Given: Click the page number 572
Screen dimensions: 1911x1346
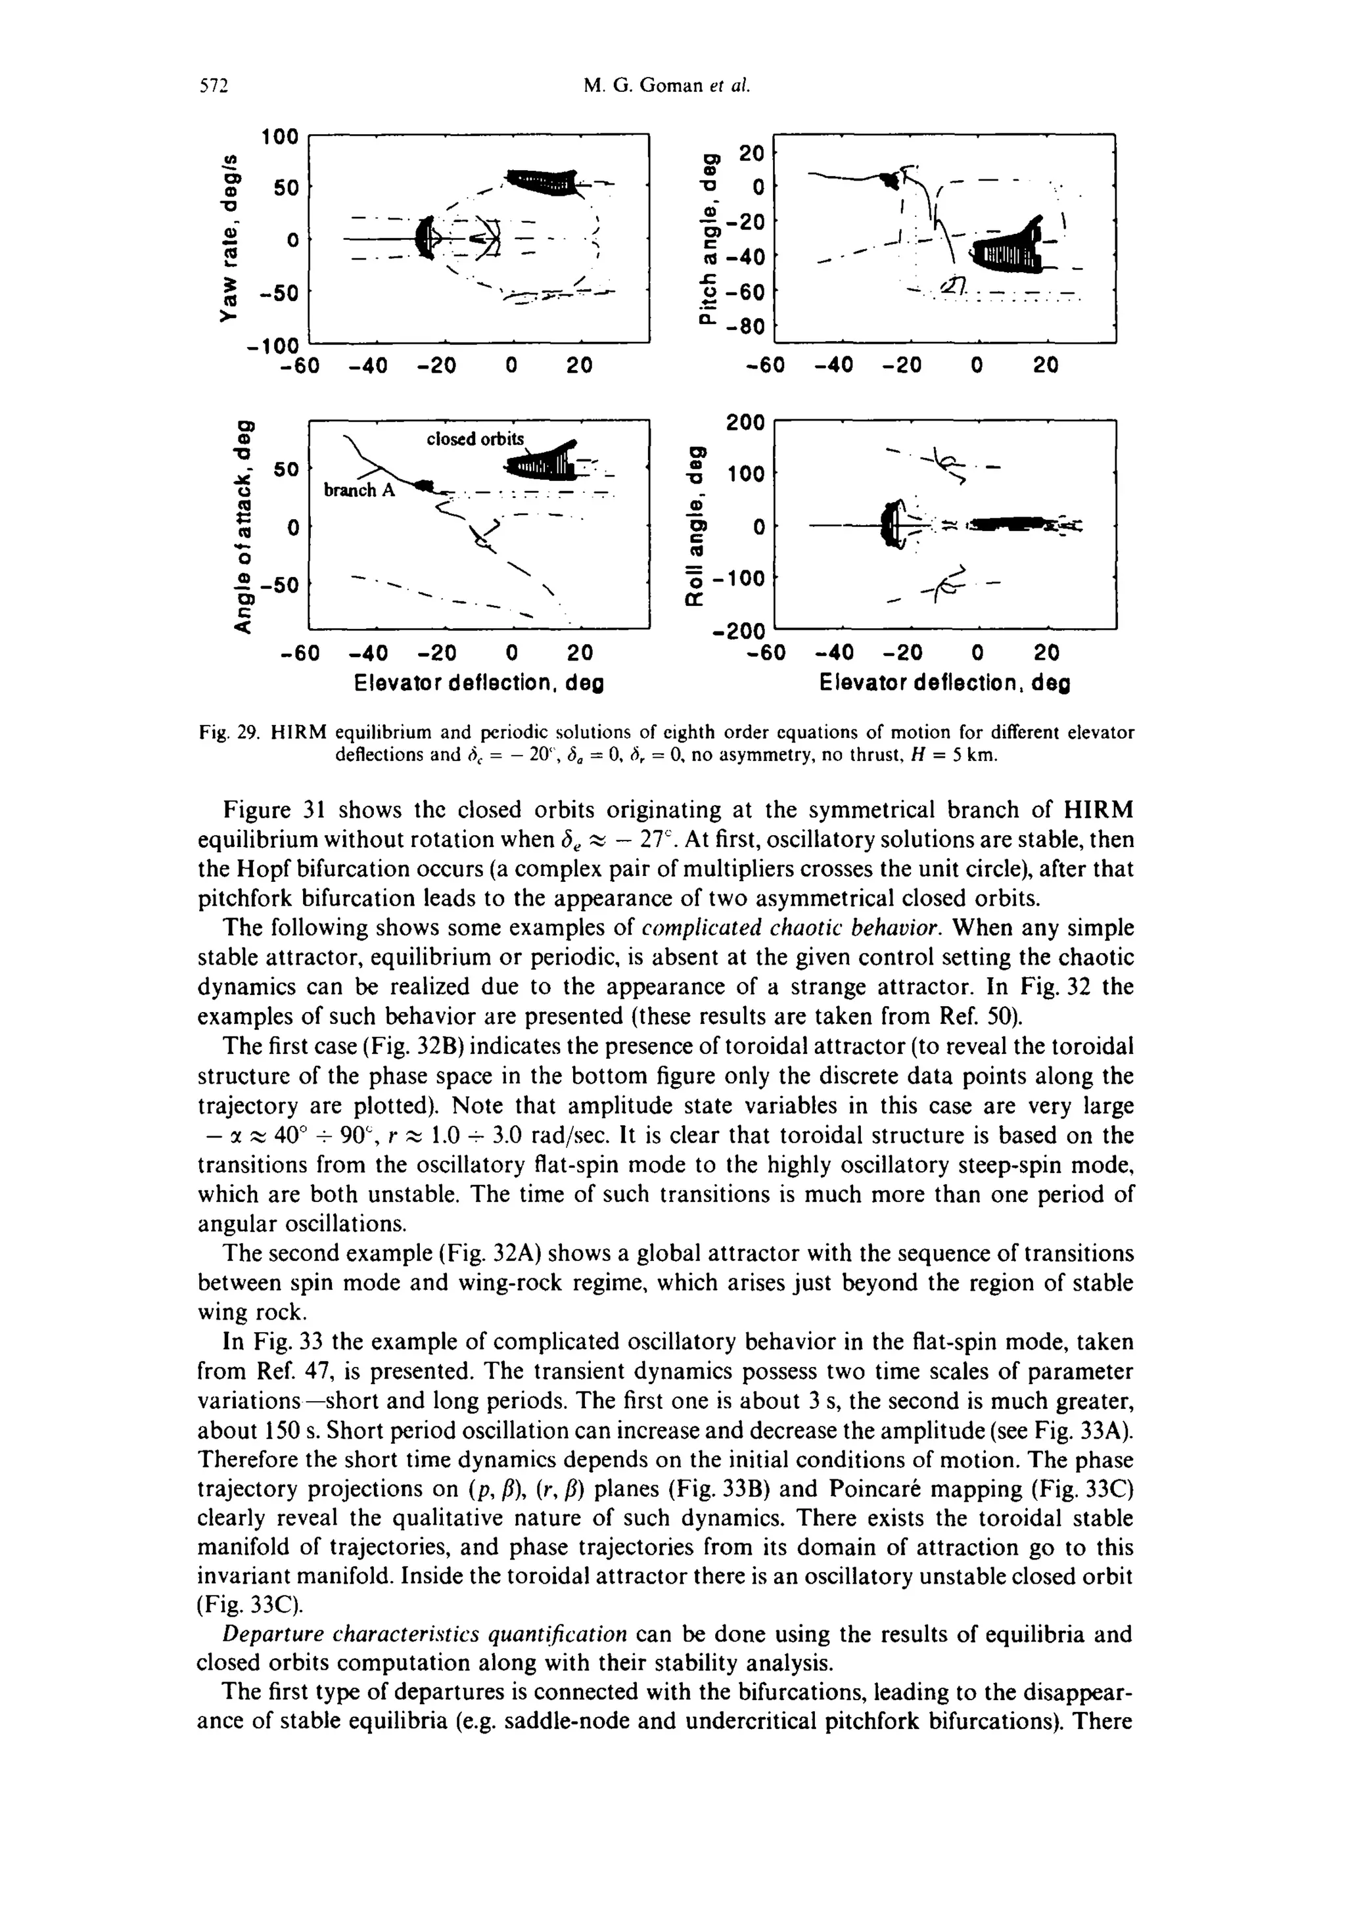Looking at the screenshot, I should pos(213,87).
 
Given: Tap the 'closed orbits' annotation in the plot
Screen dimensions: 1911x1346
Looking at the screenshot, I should pos(475,438).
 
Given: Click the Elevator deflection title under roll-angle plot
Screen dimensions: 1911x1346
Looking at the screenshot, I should pos(945,684).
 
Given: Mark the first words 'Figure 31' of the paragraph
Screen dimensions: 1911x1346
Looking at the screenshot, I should pos(272,810).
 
